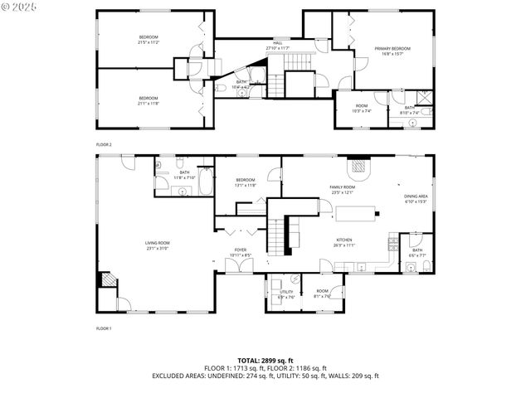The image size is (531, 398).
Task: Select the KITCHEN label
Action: [x=343, y=242]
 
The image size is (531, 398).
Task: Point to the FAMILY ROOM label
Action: [x=342, y=190]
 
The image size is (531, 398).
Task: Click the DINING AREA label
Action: [x=415, y=198]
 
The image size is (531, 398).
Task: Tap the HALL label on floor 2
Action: [x=277, y=46]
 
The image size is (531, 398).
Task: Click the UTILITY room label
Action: [x=286, y=294]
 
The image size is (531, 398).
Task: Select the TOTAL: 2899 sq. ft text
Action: [x=265, y=361]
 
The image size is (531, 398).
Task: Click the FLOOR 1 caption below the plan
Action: [x=104, y=329]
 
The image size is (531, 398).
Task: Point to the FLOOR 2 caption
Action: [x=104, y=144]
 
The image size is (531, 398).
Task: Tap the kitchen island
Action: [x=355, y=215]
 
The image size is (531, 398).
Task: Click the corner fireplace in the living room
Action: [x=106, y=279]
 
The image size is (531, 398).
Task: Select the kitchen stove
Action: [x=393, y=245]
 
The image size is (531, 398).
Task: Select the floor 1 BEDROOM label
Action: [x=246, y=182]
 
